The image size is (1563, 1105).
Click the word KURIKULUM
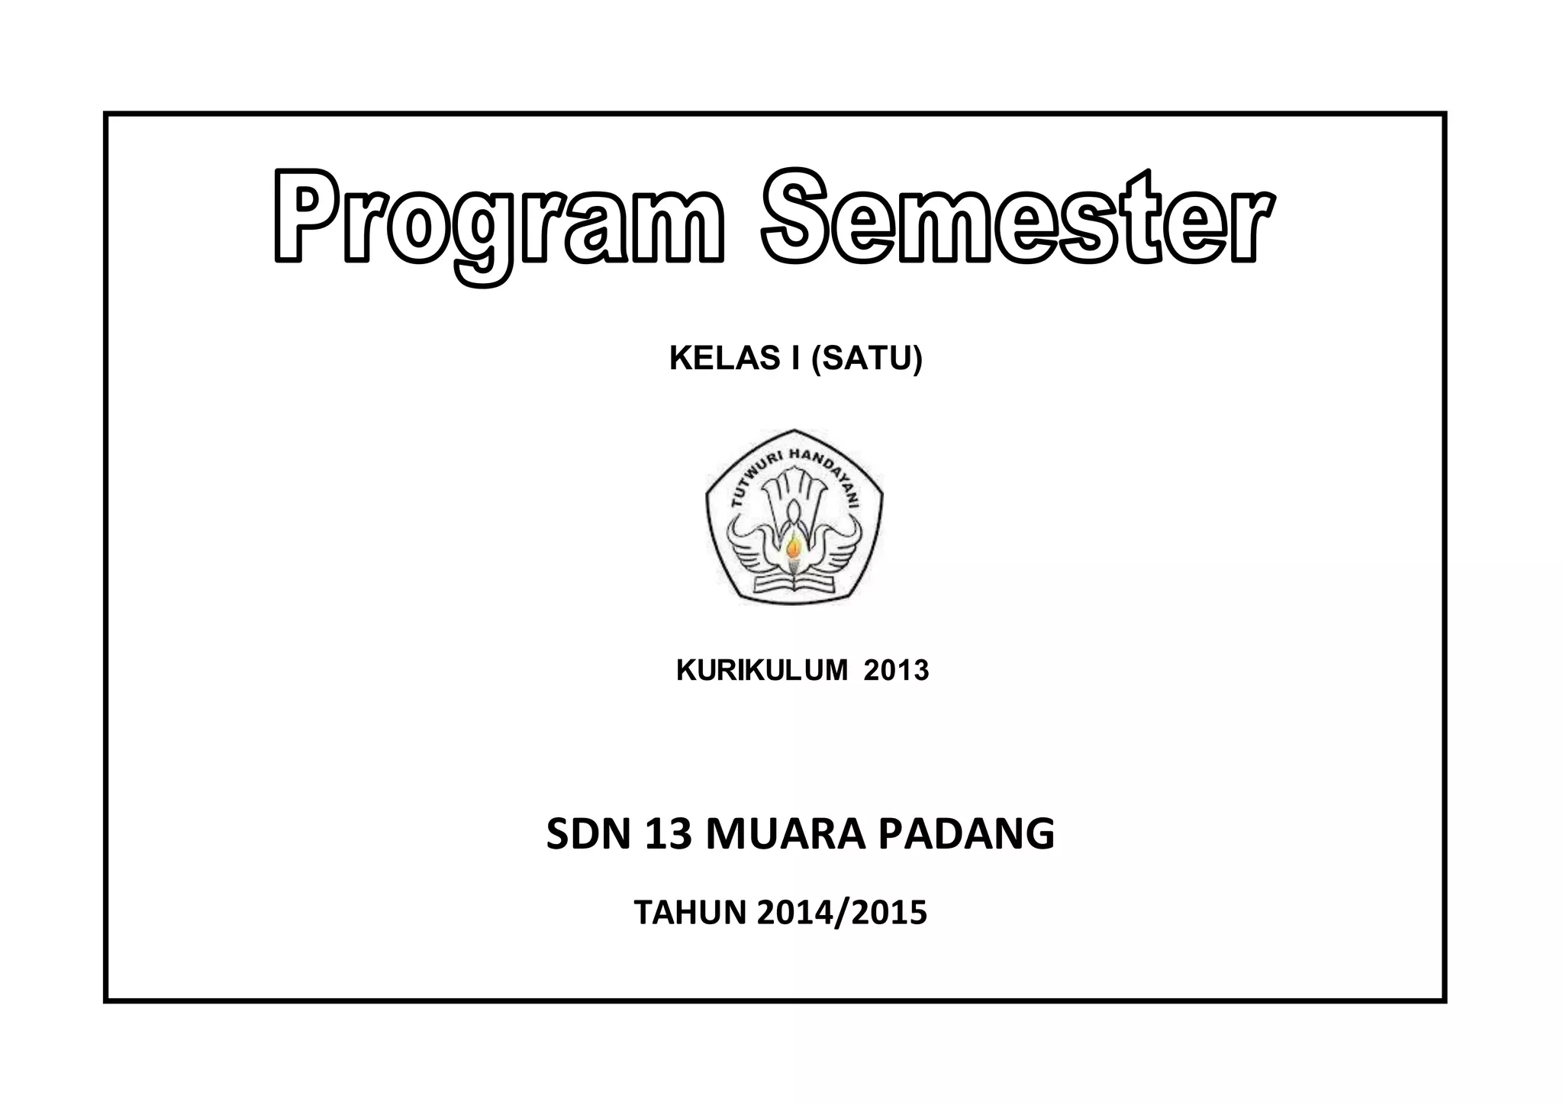click(x=761, y=671)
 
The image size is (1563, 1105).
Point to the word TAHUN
click(x=689, y=913)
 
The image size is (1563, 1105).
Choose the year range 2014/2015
click(x=842, y=913)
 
